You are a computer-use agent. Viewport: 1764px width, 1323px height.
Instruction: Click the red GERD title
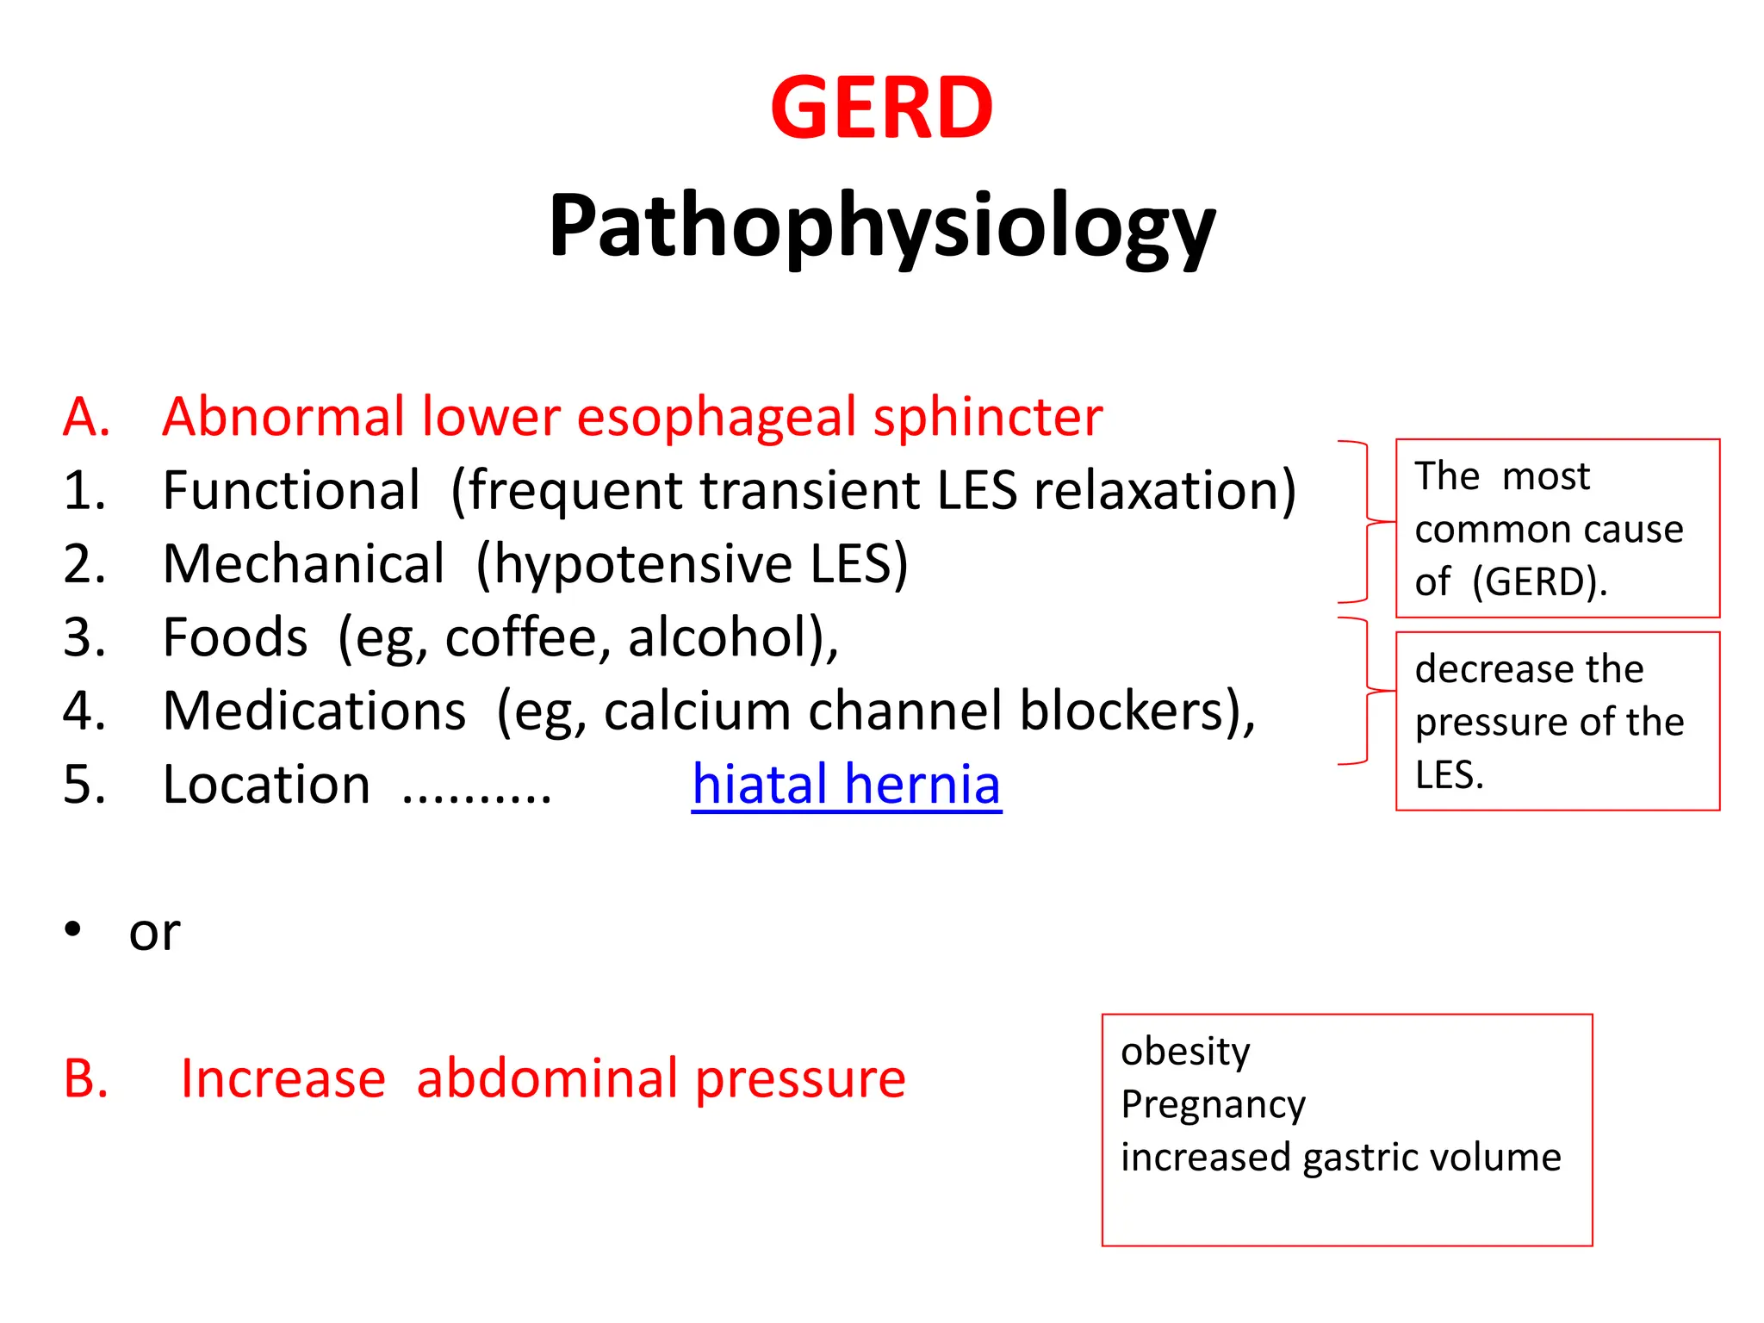[881, 109]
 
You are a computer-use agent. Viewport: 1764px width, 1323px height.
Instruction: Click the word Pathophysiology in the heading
[881, 226]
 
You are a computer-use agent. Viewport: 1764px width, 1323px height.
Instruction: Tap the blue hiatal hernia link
[846, 785]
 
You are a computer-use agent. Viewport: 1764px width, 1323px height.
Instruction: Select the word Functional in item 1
[291, 490]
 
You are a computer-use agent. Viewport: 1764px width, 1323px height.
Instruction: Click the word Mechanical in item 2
[303, 564]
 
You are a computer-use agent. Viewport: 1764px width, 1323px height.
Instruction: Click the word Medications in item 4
[314, 711]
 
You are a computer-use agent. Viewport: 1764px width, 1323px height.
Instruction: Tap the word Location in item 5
[266, 785]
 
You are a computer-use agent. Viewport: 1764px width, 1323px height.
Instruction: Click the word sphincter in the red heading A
[987, 417]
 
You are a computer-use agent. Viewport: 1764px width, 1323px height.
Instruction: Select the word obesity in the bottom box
[1185, 1052]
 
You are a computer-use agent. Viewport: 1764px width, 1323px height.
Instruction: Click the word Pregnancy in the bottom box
[1213, 1104]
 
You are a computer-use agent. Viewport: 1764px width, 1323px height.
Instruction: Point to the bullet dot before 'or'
[73, 929]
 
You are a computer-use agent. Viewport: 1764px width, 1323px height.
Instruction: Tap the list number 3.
[84, 637]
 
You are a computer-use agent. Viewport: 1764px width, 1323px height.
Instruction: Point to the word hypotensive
[643, 564]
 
